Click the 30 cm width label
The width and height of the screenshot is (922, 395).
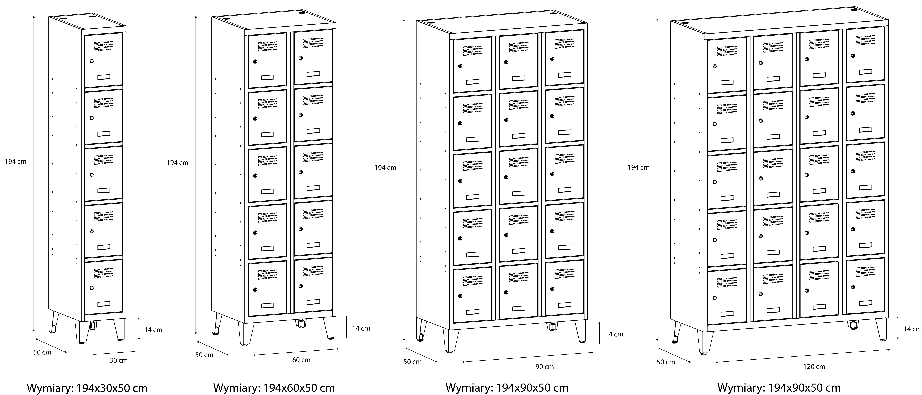click(118, 360)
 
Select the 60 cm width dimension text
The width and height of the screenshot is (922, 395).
click(301, 360)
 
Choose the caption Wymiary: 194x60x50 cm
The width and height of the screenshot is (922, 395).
click(274, 388)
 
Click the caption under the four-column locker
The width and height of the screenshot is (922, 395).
click(779, 388)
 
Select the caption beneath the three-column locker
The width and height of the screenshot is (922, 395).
click(507, 388)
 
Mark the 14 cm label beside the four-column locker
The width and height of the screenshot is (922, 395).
click(913, 329)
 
